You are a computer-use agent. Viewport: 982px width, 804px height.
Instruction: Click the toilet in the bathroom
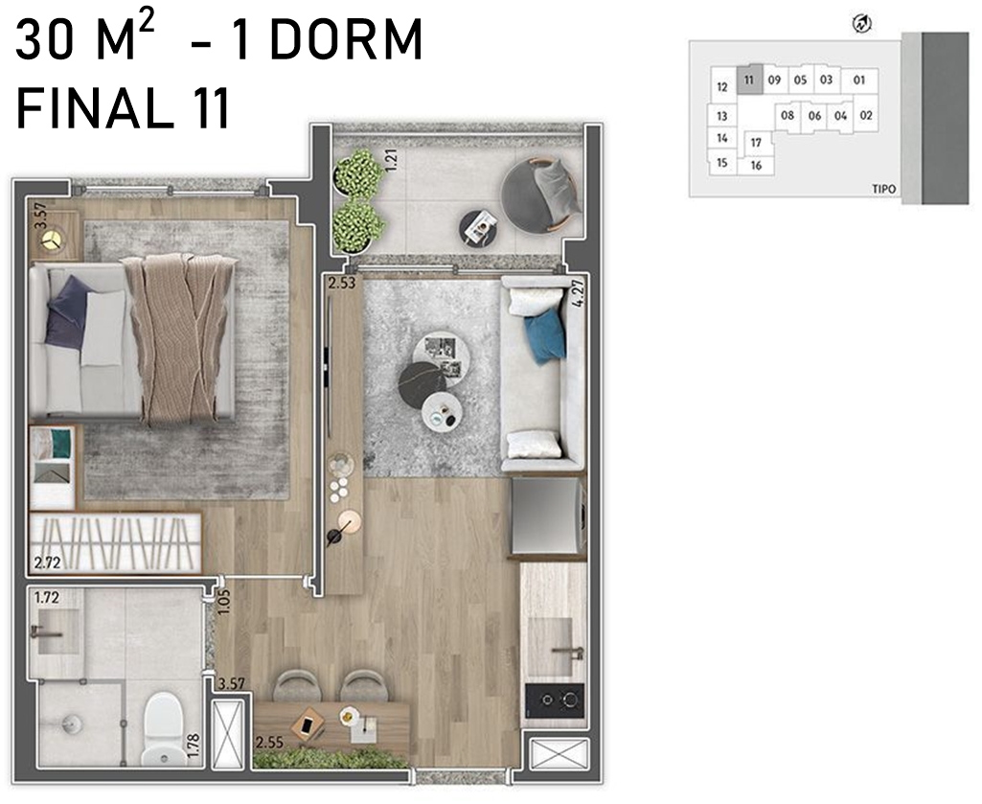164,728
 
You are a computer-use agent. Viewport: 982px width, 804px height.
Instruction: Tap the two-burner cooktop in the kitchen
555,700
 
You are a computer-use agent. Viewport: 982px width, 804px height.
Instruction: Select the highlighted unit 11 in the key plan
749,80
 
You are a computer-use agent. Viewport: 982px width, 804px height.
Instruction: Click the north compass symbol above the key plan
862,25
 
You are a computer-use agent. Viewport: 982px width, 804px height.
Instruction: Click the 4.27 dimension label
579,291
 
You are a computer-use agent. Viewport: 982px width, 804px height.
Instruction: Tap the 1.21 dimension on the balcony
392,159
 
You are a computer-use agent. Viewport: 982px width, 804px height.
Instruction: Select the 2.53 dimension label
342,283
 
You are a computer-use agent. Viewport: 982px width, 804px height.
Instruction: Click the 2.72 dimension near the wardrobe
48,563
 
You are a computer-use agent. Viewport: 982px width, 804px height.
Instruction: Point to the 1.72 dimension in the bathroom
47,597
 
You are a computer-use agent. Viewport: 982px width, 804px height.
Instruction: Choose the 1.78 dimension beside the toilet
193,746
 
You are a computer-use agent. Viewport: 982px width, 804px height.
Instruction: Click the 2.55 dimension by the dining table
269,744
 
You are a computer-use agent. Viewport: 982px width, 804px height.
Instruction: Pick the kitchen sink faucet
569,652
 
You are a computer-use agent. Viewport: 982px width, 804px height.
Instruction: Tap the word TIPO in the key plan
883,189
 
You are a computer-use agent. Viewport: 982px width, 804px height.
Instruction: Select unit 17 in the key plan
756,142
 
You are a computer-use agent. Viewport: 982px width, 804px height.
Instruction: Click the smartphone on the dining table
307,725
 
